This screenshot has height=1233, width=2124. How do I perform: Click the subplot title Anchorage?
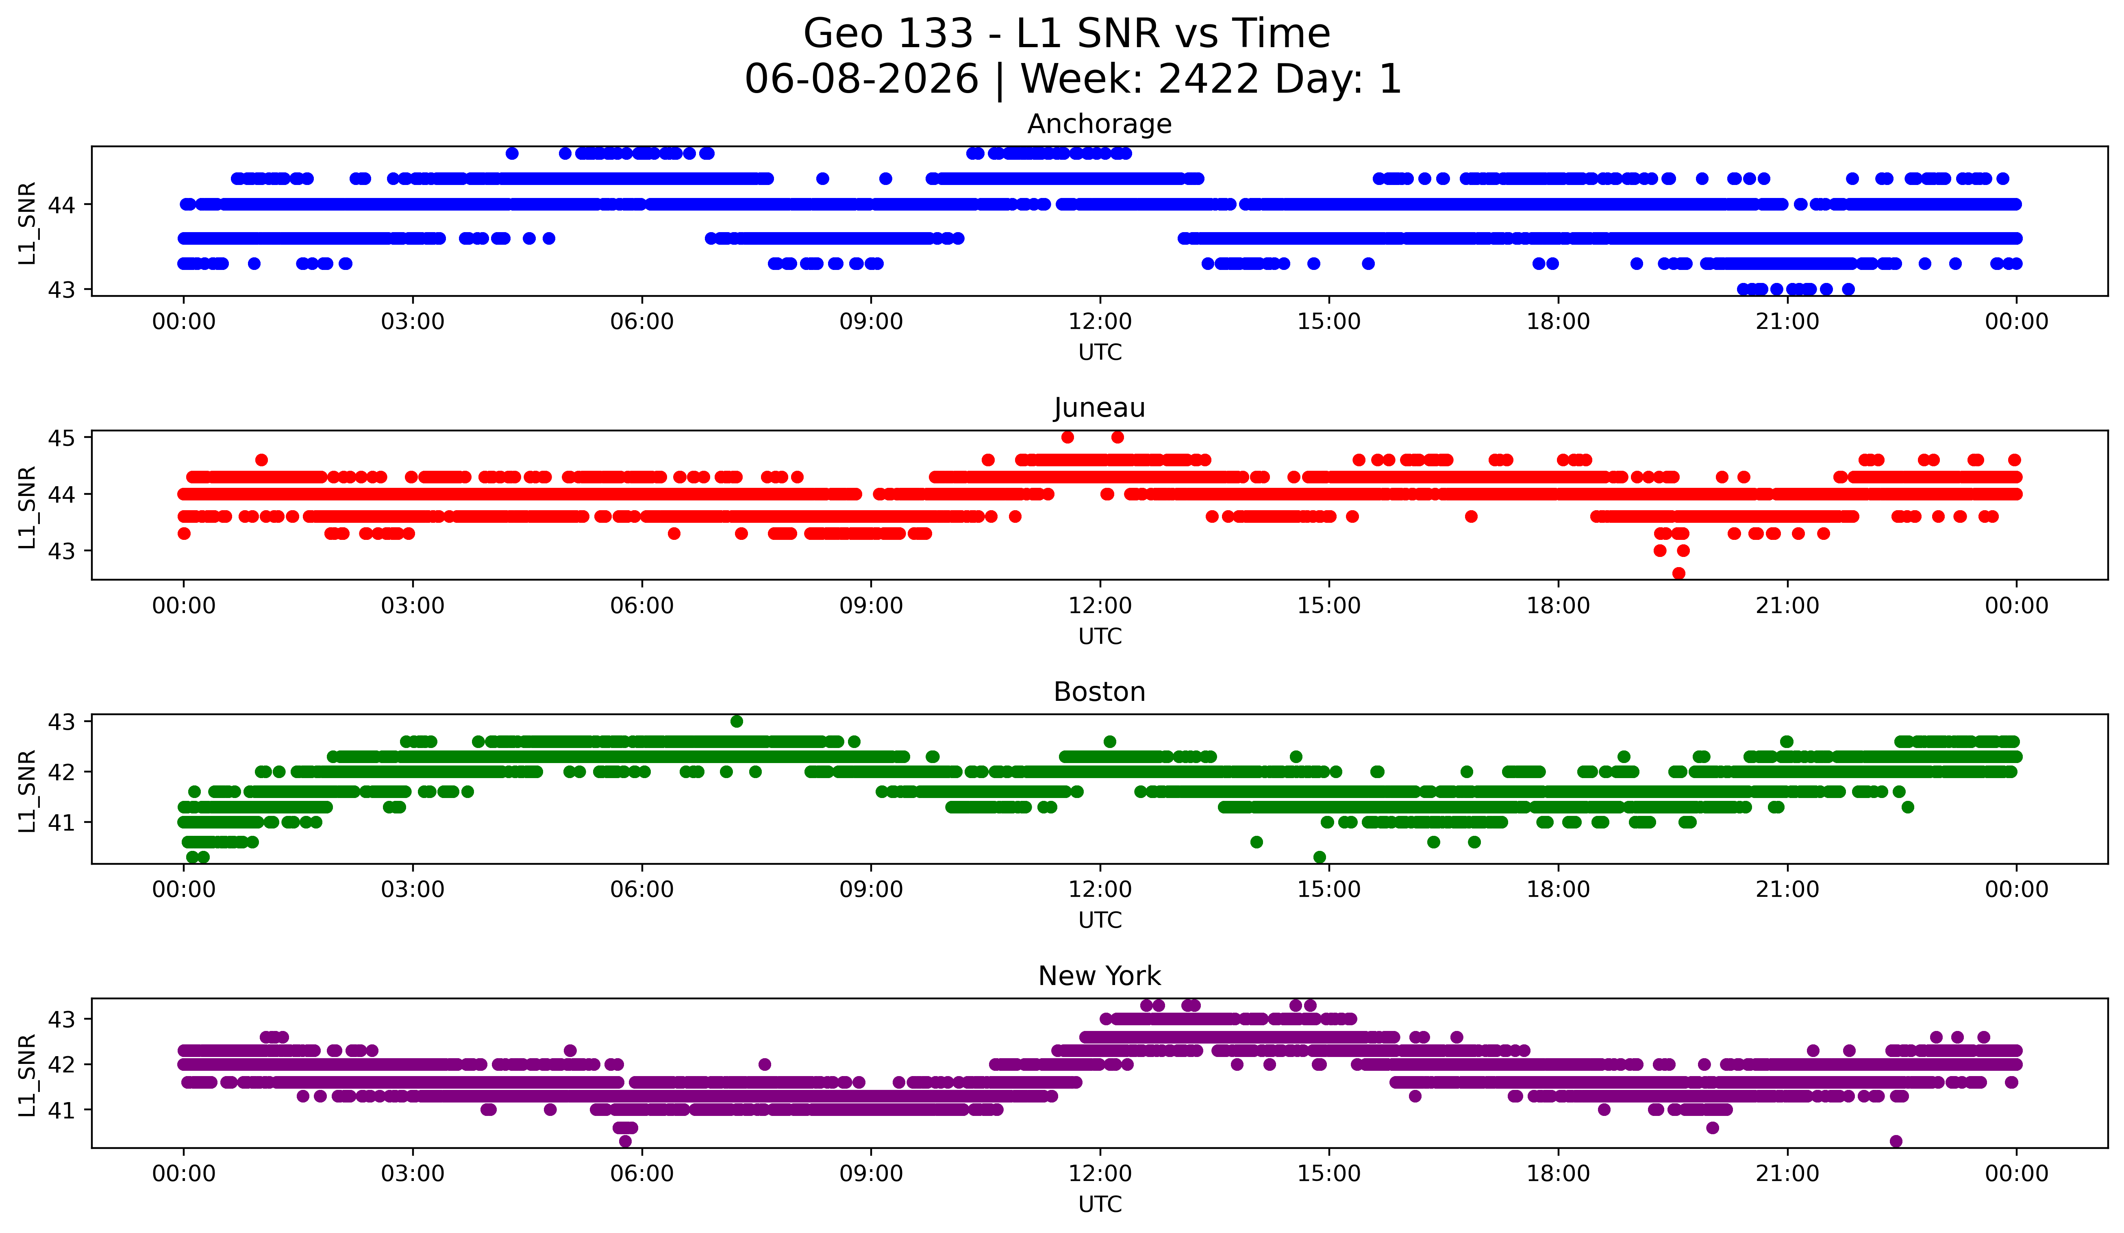pyautogui.click(x=1099, y=124)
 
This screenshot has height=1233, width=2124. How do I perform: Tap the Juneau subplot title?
pyautogui.click(x=1099, y=408)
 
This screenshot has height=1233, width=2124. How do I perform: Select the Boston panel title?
pyautogui.click(x=1099, y=692)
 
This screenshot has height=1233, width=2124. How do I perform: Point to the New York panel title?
pyautogui.click(x=1099, y=976)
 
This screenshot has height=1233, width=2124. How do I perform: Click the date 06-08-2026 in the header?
pyautogui.click(x=861, y=79)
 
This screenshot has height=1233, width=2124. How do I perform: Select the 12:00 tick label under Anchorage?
pyautogui.click(x=1100, y=322)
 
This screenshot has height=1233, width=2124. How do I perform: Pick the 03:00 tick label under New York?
pyautogui.click(x=413, y=1174)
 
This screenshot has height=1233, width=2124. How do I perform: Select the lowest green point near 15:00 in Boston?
pyautogui.click(x=1319, y=857)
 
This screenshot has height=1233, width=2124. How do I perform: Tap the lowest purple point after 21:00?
pyautogui.click(x=1896, y=1141)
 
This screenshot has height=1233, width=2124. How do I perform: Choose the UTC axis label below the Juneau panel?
pyautogui.click(x=1100, y=636)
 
